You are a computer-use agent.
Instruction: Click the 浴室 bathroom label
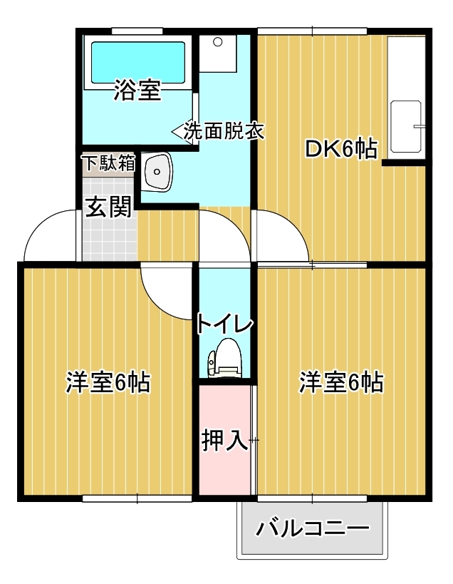137,90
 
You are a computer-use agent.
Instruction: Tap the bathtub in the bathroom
138,62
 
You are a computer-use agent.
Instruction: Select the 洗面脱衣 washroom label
224,130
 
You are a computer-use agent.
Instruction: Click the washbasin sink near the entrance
157,172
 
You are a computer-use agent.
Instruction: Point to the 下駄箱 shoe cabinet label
109,163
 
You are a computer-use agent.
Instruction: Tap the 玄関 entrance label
108,207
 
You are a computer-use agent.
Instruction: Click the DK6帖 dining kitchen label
341,149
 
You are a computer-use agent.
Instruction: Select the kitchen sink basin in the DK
406,126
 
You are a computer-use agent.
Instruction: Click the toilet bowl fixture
224,359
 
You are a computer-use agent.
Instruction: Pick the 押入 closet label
224,440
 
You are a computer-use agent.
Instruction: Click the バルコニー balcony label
313,528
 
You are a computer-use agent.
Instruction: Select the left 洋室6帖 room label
108,382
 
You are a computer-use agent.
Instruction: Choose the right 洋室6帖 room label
341,382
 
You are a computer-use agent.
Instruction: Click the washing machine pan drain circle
217,42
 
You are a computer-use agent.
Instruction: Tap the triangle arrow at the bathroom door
178,131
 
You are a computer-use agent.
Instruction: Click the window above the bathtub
137,31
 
